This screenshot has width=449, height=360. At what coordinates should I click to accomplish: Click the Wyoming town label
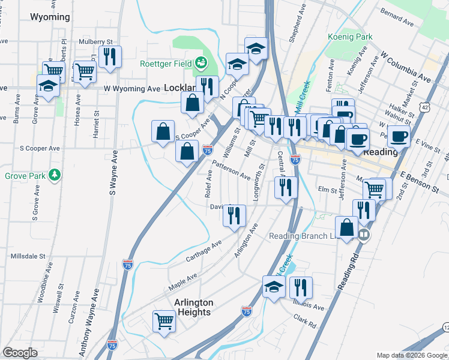50,17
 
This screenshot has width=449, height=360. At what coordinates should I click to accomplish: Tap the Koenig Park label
350,37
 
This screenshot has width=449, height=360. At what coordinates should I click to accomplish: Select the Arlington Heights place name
193,307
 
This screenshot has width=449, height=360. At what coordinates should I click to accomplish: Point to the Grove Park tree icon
55,175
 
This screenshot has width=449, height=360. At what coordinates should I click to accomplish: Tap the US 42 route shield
425,107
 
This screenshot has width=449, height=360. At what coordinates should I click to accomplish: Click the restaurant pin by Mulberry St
110,56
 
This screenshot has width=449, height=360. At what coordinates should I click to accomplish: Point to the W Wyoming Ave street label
132,88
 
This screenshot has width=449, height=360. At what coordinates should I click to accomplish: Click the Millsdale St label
28,256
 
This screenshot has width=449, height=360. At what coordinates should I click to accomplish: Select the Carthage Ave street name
204,250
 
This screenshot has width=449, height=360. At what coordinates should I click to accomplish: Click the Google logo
20,353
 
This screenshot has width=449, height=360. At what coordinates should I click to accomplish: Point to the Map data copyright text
411,355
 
